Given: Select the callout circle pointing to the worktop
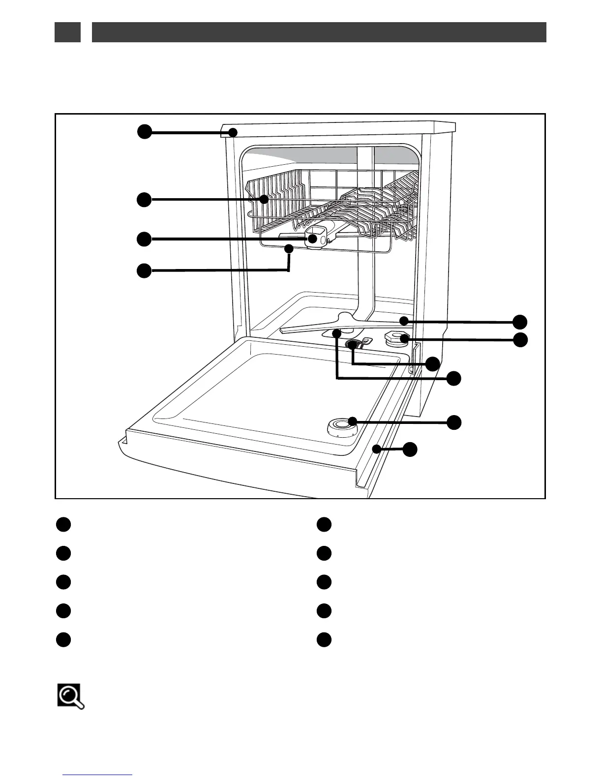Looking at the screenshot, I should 144,132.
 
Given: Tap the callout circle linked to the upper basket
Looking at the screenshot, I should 144,199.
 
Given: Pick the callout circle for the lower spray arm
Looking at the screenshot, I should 520,322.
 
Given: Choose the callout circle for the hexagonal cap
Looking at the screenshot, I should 520,339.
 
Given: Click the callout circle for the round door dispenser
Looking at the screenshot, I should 454,421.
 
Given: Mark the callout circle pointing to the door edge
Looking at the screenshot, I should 410,449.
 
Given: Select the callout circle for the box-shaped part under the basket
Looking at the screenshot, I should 144,239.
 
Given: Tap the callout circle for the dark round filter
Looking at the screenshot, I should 432,364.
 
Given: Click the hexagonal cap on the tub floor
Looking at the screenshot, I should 395,338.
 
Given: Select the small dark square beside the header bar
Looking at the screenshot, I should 67,32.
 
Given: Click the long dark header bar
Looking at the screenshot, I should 319,32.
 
